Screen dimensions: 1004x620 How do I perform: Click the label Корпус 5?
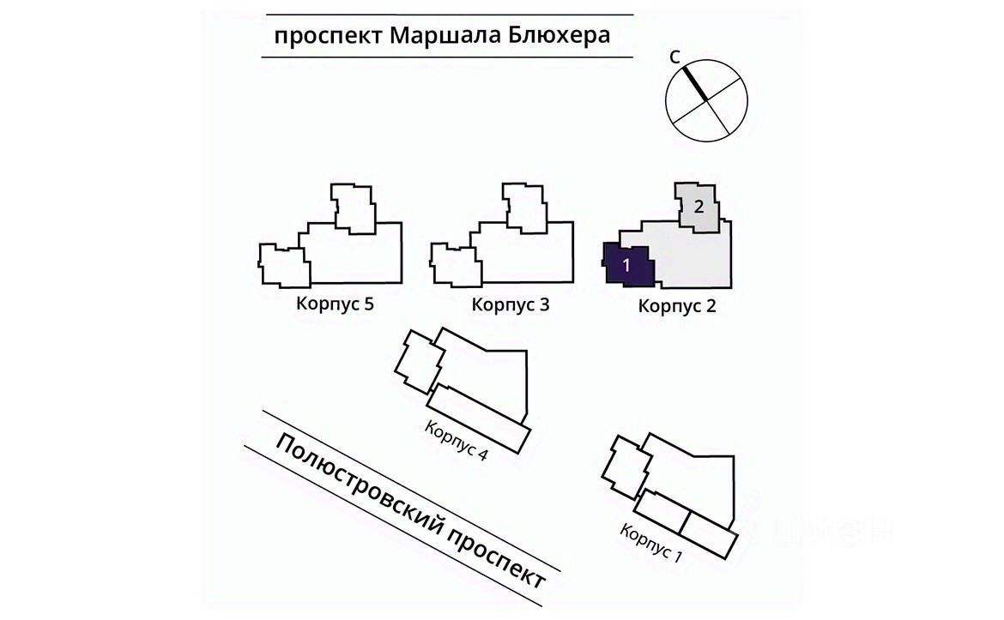point(336,304)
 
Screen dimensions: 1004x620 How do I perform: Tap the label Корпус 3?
point(511,304)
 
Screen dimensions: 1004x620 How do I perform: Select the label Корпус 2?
point(677,306)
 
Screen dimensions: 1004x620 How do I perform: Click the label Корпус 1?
point(651,541)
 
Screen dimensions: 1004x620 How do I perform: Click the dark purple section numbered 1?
point(628,264)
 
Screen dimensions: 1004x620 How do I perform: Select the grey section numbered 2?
point(699,206)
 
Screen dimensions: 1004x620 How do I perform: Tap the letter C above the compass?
point(675,57)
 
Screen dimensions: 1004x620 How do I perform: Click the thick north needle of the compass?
point(695,83)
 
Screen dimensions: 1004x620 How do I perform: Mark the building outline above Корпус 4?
point(481,377)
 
